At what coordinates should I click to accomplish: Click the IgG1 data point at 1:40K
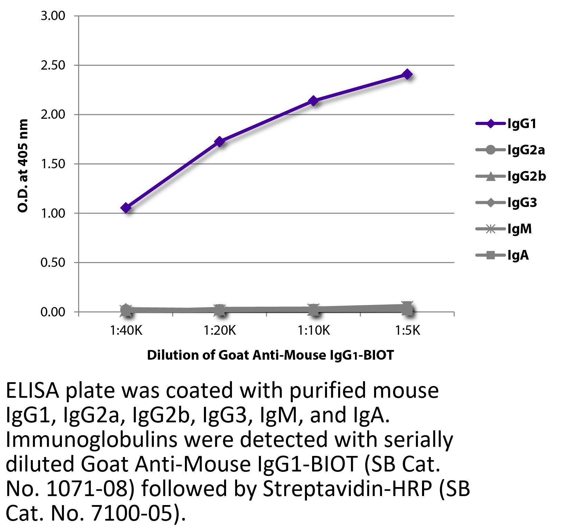tap(126, 208)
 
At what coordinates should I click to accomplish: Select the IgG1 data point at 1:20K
tap(220, 141)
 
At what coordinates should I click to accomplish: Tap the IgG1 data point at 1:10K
tap(314, 101)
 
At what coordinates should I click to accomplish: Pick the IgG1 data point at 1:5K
tap(408, 74)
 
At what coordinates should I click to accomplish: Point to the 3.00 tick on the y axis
tap(53, 16)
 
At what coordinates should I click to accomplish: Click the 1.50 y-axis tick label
tap(53, 164)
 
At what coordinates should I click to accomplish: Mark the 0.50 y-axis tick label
tap(53, 262)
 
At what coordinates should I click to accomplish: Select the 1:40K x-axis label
tap(126, 331)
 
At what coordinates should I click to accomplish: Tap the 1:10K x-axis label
tap(314, 331)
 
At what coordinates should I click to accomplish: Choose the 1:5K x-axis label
tap(408, 331)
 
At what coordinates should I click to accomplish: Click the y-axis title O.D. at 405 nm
tap(22, 166)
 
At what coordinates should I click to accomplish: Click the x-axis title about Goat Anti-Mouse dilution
tap(270, 355)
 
